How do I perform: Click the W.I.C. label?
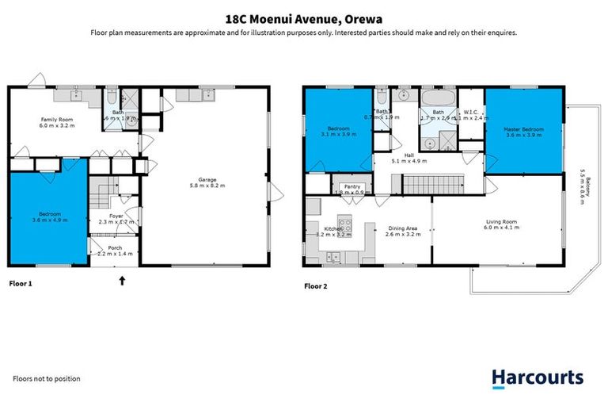(469, 113)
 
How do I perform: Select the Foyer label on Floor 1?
(116, 216)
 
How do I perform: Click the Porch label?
(116, 249)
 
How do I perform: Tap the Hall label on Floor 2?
(409, 156)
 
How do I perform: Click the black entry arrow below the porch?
(122, 279)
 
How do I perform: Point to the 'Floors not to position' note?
(47, 379)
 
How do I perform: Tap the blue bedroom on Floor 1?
(47, 214)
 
